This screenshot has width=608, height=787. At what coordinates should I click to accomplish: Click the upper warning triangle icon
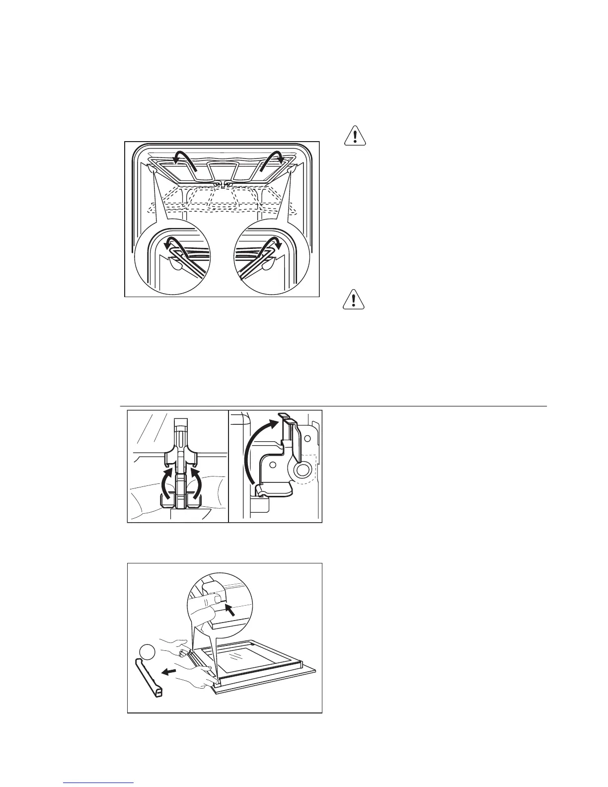[355, 136]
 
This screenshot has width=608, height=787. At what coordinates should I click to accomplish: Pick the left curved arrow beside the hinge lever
[164, 482]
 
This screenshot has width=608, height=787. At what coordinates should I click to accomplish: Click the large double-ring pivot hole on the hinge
[302, 470]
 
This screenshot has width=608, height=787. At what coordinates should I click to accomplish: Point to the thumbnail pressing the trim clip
[216, 600]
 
